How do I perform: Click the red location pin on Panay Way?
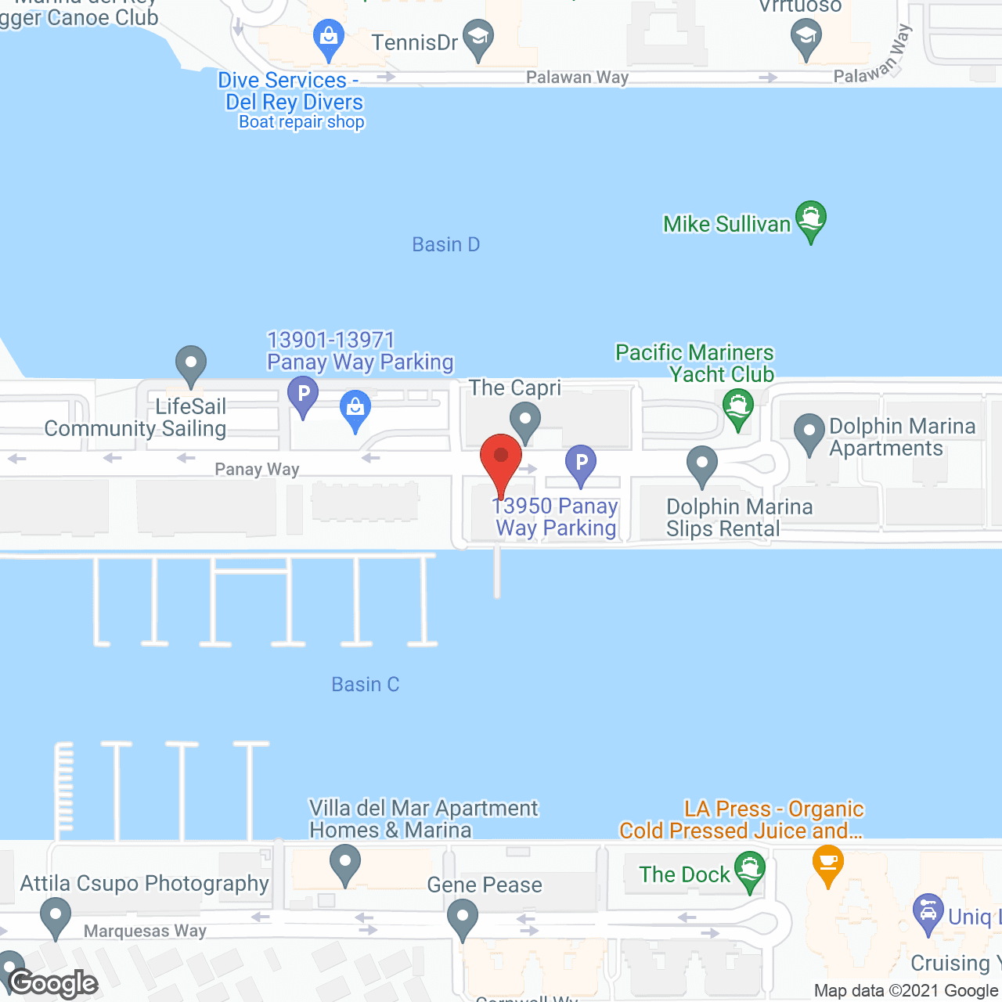point(501,458)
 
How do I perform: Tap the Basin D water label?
point(445,245)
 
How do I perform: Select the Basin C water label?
point(366,685)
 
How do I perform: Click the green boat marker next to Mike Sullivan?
point(811,219)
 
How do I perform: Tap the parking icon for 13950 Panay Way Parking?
point(581,463)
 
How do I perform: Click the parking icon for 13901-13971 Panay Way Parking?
point(303,394)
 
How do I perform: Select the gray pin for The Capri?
point(525,420)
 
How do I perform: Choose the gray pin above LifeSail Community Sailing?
point(191,364)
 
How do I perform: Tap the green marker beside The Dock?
point(750,870)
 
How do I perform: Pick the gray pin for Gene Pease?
point(463,917)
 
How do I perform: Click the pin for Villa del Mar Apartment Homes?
point(344,865)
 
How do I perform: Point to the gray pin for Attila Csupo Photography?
point(55,915)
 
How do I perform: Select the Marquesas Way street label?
point(145,932)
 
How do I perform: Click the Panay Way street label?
point(257,470)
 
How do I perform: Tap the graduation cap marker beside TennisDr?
point(477,38)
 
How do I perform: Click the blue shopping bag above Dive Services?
point(329,38)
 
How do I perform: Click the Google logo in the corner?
point(53,983)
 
